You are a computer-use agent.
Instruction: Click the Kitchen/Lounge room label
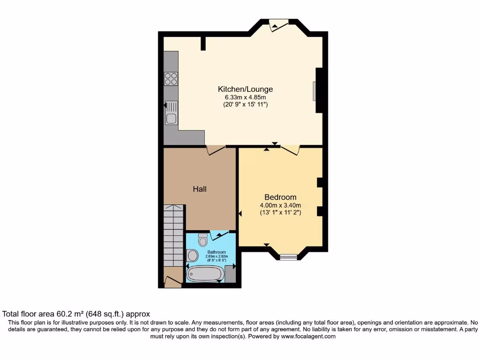[x=245, y=89]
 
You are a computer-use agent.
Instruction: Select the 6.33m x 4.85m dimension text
[x=245, y=97]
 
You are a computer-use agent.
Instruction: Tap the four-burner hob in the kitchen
[x=171, y=79]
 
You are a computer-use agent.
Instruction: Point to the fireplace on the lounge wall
[x=315, y=90]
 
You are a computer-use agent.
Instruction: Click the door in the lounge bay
[x=279, y=26]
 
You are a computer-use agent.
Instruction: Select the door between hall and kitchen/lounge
[x=216, y=150]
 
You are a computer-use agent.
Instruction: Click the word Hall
[x=200, y=189]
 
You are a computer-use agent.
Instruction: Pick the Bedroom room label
[x=280, y=197]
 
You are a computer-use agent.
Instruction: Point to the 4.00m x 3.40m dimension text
[x=280, y=205]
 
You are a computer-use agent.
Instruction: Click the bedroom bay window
[x=288, y=256]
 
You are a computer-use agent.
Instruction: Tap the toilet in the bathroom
[x=203, y=240]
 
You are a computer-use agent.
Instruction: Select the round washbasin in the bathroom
[x=192, y=255]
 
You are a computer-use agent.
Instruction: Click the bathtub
[x=205, y=274]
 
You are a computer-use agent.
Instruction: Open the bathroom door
[x=219, y=235]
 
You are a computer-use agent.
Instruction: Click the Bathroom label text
[x=217, y=252]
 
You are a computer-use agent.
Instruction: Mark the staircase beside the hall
[x=173, y=237]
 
